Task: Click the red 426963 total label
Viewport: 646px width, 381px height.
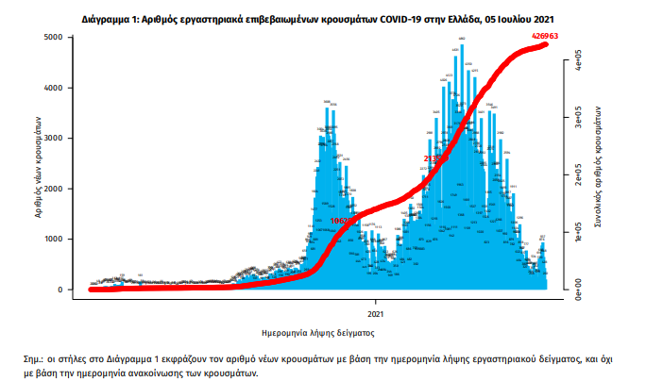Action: (x=546, y=36)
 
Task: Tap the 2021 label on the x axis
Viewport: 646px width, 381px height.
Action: (x=375, y=312)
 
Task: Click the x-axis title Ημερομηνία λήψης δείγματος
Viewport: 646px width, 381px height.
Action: (x=318, y=333)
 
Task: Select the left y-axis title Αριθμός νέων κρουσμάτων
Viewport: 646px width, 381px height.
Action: (x=39, y=164)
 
